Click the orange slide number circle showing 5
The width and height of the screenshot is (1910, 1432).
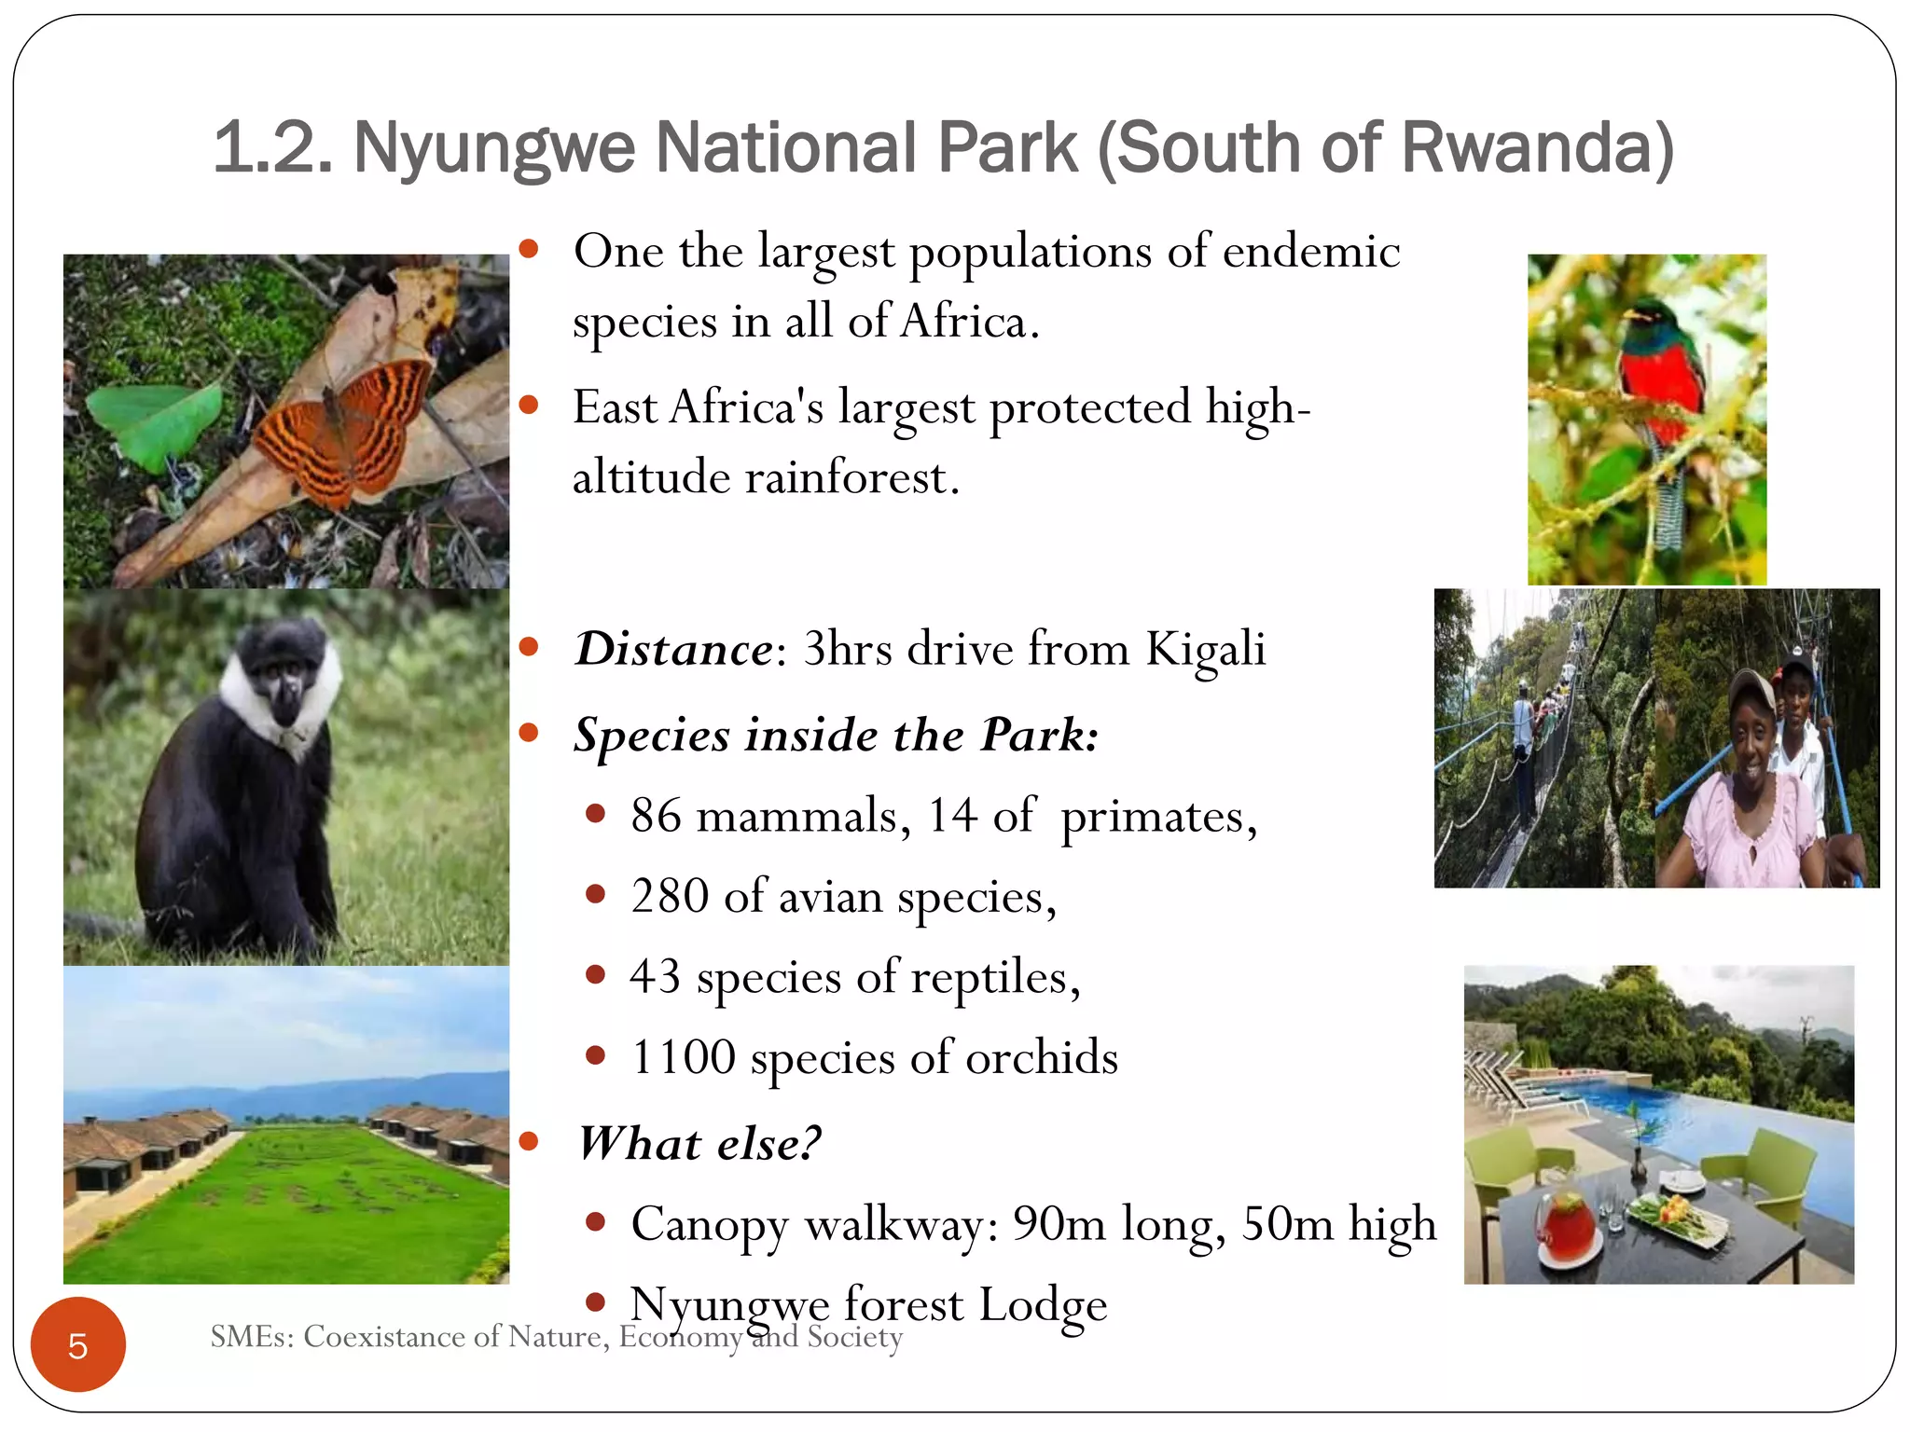coord(77,1344)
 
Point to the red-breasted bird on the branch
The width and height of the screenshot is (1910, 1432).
coord(1663,373)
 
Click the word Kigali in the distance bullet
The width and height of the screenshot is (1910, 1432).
coord(1205,649)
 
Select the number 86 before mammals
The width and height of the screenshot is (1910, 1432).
coord(656,815)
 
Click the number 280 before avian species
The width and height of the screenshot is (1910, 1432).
coord(670,896)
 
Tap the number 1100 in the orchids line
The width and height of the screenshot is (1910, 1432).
coord(684,1057)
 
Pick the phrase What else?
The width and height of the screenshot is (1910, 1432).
coord(699,1143)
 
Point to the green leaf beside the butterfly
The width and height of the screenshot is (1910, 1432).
coord(159,420)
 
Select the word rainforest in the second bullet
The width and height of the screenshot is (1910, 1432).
coord(851,478)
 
